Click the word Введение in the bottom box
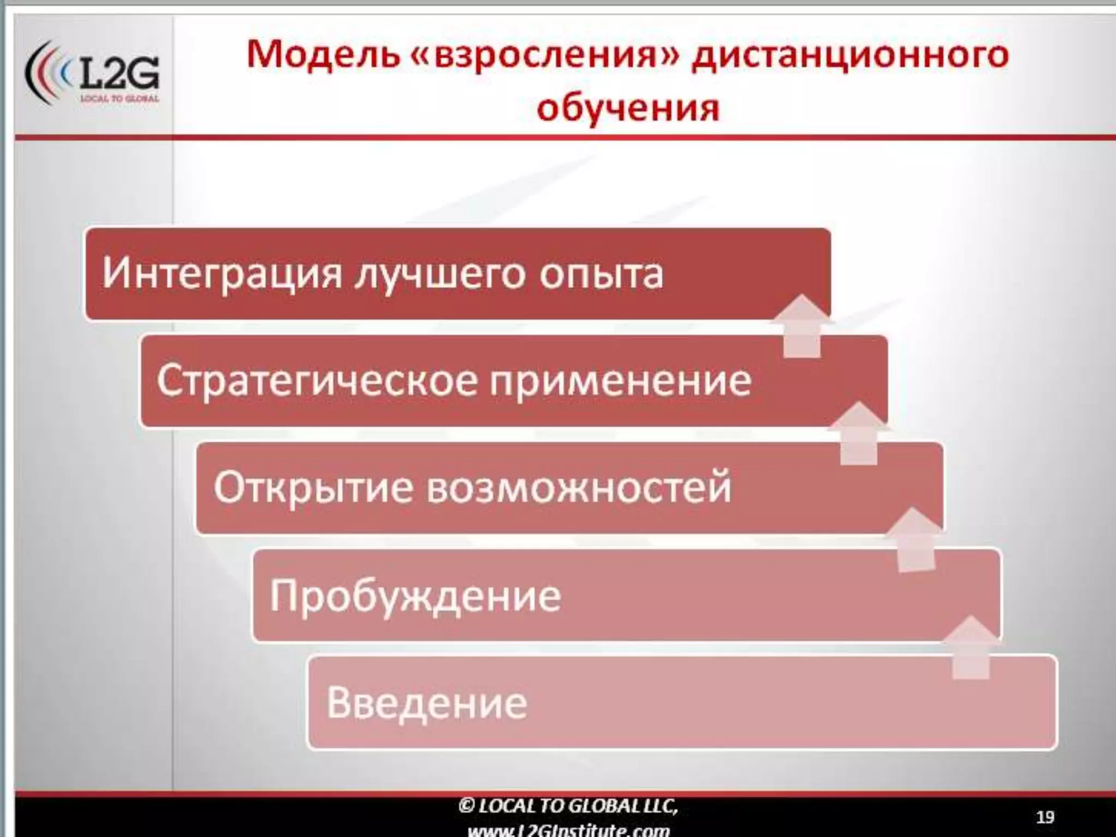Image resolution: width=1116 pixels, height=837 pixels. click(x=427, y=702)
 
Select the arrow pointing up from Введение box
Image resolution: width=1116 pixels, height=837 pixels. click(x=971, y=648)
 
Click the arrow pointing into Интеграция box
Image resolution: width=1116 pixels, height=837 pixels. click(x=802, y=326)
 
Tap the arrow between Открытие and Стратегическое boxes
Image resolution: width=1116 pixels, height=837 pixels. click(x=859, y=434)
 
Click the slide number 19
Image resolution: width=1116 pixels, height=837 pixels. click(x=1045, y=817)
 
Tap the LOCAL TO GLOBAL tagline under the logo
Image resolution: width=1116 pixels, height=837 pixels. click(x=119, y=99)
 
